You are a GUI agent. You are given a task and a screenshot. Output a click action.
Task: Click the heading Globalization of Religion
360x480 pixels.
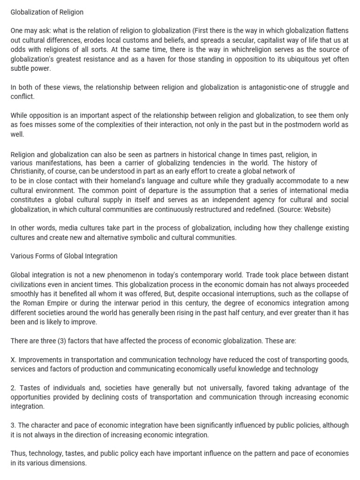click(47, 12)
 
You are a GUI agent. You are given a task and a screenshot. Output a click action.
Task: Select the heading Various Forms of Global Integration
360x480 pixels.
click(64, 256)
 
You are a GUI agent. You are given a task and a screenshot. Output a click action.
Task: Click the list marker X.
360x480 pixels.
click(13, 360)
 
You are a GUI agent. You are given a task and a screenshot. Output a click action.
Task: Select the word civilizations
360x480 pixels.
click(30, 284)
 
